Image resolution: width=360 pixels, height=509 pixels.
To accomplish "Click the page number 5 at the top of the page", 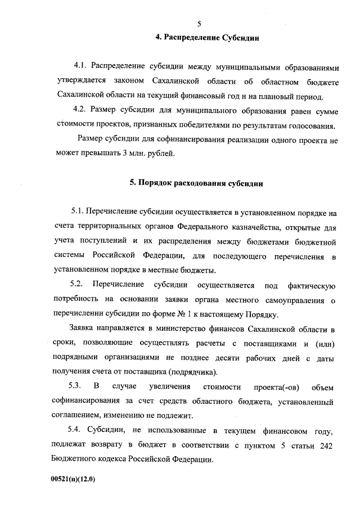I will coord(199,24).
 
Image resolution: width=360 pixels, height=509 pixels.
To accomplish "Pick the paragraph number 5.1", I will coord(79,213).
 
